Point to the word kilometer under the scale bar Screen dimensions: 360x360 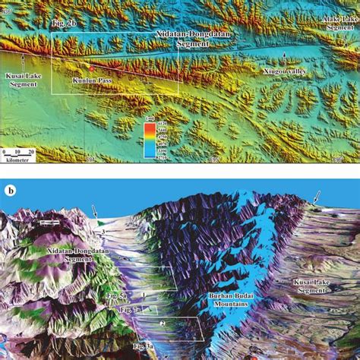[16, 160]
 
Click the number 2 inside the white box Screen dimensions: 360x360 [161, 324]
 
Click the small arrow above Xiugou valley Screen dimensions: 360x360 [285, 57]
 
